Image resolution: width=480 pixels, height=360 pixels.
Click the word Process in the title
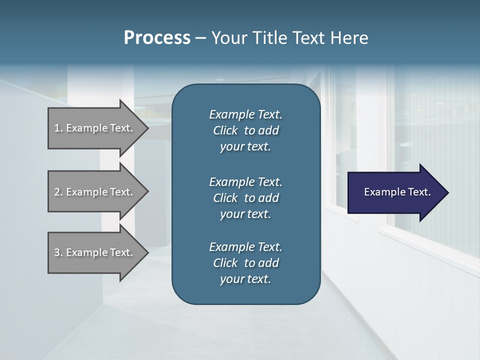click(157, 38)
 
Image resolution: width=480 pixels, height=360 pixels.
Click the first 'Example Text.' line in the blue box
click(245, 114)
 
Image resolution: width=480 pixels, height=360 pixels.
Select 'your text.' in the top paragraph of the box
click(245, 146)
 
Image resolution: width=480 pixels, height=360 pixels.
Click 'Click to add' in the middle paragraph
click(245, 198)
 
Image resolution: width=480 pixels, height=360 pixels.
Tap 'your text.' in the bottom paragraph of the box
click(245, 279)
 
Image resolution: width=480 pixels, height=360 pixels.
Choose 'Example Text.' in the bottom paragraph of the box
click(245, 247)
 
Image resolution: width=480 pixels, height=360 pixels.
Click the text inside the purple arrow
click(397, 192)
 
